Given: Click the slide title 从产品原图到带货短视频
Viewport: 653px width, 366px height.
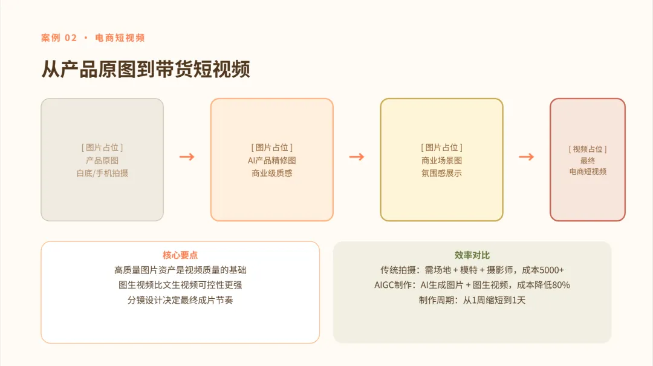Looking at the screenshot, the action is (146, 69).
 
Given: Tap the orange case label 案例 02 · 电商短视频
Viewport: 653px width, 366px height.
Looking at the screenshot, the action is (93, 38).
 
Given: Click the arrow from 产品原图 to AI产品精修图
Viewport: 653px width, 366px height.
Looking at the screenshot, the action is (187, 157).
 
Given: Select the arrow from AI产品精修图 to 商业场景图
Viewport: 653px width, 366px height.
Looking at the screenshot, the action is (357, 157).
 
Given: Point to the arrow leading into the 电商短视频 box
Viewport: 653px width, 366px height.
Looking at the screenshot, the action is (527, 157).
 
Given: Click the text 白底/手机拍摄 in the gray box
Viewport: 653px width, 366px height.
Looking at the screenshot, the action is (102, 174).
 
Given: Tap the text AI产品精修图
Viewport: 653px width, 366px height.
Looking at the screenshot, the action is (272, 160).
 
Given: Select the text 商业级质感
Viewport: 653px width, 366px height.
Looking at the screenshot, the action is (272, 174).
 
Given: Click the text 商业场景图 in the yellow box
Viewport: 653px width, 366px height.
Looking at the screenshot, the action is (441, 160).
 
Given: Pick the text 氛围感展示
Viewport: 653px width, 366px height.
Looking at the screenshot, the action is (441, 174).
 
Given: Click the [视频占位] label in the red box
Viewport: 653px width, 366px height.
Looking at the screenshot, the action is (588, 149).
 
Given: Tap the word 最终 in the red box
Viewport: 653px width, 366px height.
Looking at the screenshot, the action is (588, 160).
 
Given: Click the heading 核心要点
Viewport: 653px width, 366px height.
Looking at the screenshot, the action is (180, 255).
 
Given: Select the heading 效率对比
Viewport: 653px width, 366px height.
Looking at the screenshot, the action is (472, 255).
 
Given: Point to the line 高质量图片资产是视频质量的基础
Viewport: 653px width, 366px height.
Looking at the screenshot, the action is (180, 270).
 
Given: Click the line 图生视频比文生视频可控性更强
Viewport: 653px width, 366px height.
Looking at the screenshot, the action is (180, 285).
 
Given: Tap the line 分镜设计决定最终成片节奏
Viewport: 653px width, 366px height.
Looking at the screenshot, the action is (180, 300).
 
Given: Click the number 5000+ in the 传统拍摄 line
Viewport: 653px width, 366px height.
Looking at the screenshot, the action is (552, 270).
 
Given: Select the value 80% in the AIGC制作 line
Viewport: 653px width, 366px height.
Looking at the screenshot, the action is (561, 285).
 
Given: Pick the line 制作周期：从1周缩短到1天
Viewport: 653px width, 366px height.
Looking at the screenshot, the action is (472, 300).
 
